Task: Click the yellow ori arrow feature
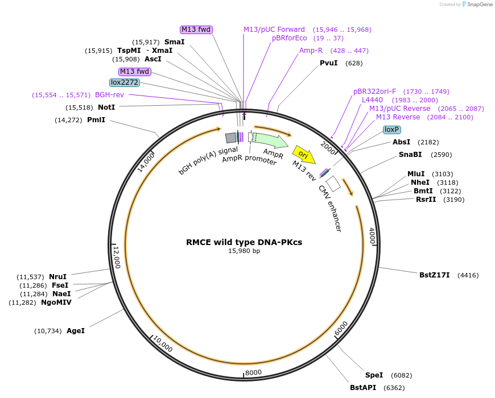pyautogui.click(x=303, y=154)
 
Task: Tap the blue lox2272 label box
pyautogui.click(x=125, y=82)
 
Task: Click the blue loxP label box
pyautogui.click(x=391, y=130)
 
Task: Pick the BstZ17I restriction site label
pyautogui.click(x=434, y=275)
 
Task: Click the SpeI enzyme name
pyautogui.click(x=374, y=375)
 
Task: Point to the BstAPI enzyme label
pyautogui.click(x=363, y=388)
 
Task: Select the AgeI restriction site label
pyautogui.click(x=76, y=330)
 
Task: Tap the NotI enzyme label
pyautogui.click(x=106, y=107)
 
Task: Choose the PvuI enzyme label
pyautogui.click(x=328, y=63)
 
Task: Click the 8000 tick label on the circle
pyautogui.click(x=253, y=372)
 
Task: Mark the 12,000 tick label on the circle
pyautogui.click(x=117, y=257)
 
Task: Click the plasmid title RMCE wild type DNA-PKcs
pyautogui.click(x=244, y=242)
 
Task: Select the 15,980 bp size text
pyautogui.click(x=244, y=251)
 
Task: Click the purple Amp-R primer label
pyautogui.click(x=311, y=51)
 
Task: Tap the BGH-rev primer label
pyautogui.click(x=109, y=95)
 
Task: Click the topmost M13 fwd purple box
pyautogui.click(x=196, y=30)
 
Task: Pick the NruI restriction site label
pyautogui.click(x=57, y=277)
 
